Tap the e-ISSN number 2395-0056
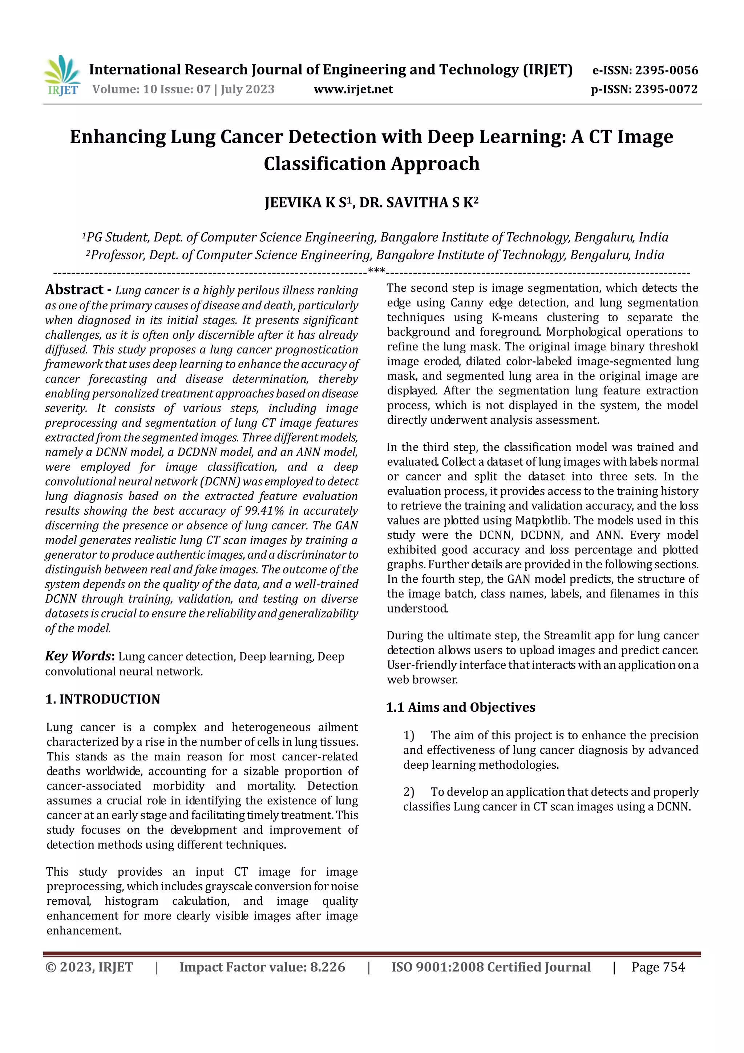pyautogui.click(x=666, y=70)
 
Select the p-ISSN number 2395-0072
pyautogui.click(x=666, y=89)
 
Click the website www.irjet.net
pyautogui.click(x=353, y=89)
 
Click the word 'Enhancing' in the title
pyautogui.click(x=118, y=137)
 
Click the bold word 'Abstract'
pyautogui.click(x=74, y=289)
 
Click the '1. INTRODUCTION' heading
pyautogui.click(x=103, y=699)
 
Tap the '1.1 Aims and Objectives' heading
pyautogui.click(x=460, y=707)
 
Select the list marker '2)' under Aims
pyautogui.click(x=408, y=792)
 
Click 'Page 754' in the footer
pyautogui.click(x=658, y=967)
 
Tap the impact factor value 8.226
pyautogui.click(x=327, y=967)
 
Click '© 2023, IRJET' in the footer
pyautogui.click(x=89, y=967)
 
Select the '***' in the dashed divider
pyautogui.click(x=376, y=271)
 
